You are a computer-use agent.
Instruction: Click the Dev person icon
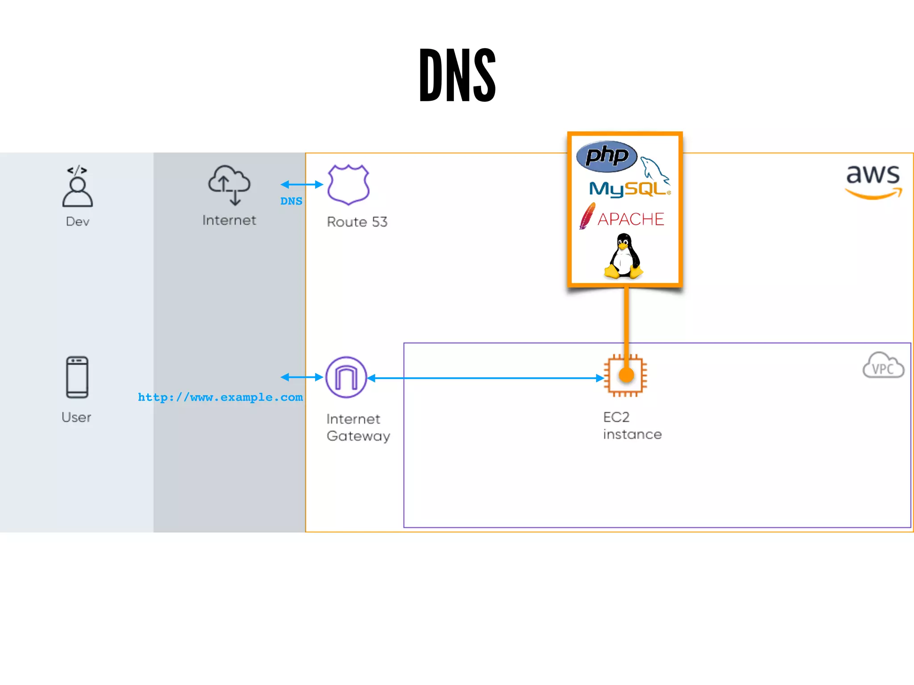pos(78,187)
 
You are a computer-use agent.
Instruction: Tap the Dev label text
pos(78,222)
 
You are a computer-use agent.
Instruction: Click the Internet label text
pos(229,220)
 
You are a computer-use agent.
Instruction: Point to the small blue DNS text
pos(291,201)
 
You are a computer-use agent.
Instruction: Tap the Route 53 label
pos(357,222)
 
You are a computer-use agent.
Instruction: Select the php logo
pos(607,157)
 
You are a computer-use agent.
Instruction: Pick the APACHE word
pos(631,219)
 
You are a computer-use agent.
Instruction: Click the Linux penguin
pos(623,256)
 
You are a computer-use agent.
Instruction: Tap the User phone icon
pos(77,377)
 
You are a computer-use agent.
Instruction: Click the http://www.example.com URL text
pos(220,397)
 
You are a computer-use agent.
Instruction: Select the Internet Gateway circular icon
pos(346,377)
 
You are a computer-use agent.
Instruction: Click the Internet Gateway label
pos(358,427)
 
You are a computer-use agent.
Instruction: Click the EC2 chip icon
pos(625,376)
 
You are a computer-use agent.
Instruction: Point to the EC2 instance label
pos(632,425)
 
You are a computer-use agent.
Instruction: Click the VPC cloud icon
pos(883,366)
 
